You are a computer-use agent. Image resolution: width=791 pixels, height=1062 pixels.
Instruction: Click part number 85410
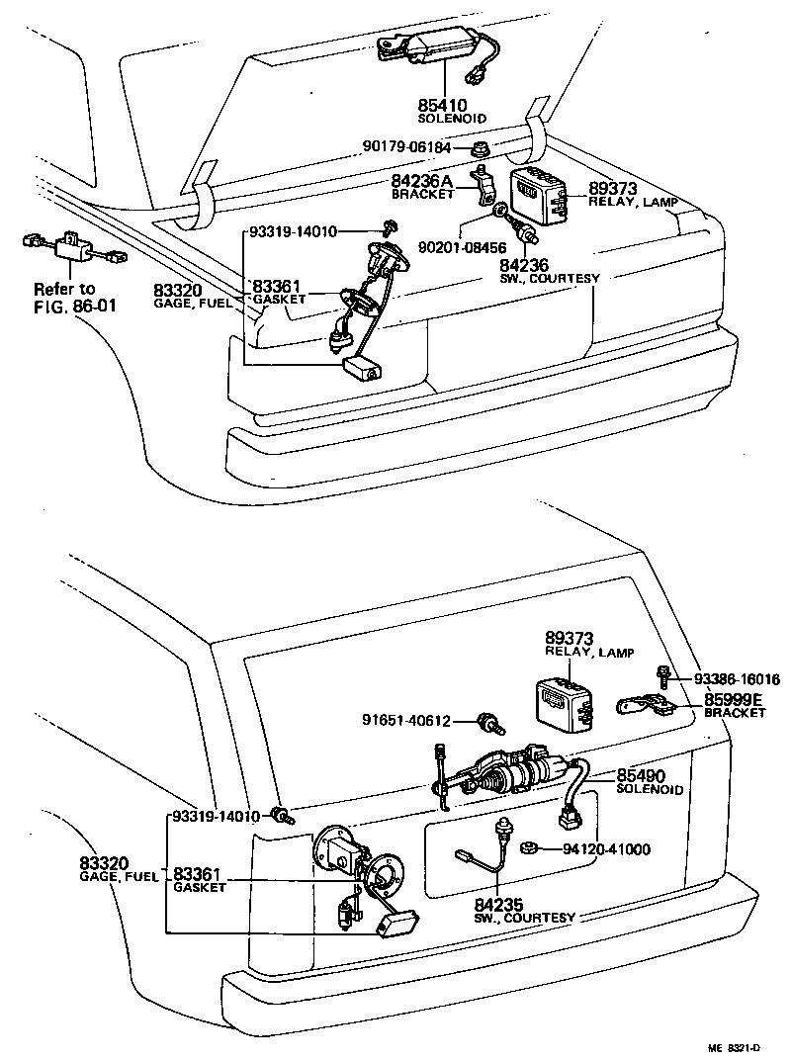coord(442,104)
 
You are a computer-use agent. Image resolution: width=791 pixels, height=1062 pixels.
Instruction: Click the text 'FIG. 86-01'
coord(74,306)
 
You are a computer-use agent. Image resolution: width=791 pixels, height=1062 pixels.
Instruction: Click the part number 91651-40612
coord(418,721)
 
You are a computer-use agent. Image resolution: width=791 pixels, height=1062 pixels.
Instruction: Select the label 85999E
coord(734,699)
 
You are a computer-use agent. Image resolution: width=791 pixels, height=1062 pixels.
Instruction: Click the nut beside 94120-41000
coord(529,847)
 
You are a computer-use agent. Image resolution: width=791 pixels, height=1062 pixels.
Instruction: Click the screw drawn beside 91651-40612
coord(486,721)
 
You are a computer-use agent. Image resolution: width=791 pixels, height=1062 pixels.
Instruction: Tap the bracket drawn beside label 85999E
coord(643,705)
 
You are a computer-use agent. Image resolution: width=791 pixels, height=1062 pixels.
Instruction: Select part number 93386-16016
coord(736,679)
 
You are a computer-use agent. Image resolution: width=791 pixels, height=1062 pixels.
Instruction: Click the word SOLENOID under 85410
coord(452,118)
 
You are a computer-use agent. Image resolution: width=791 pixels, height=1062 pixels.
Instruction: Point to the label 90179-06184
coord(405,147)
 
